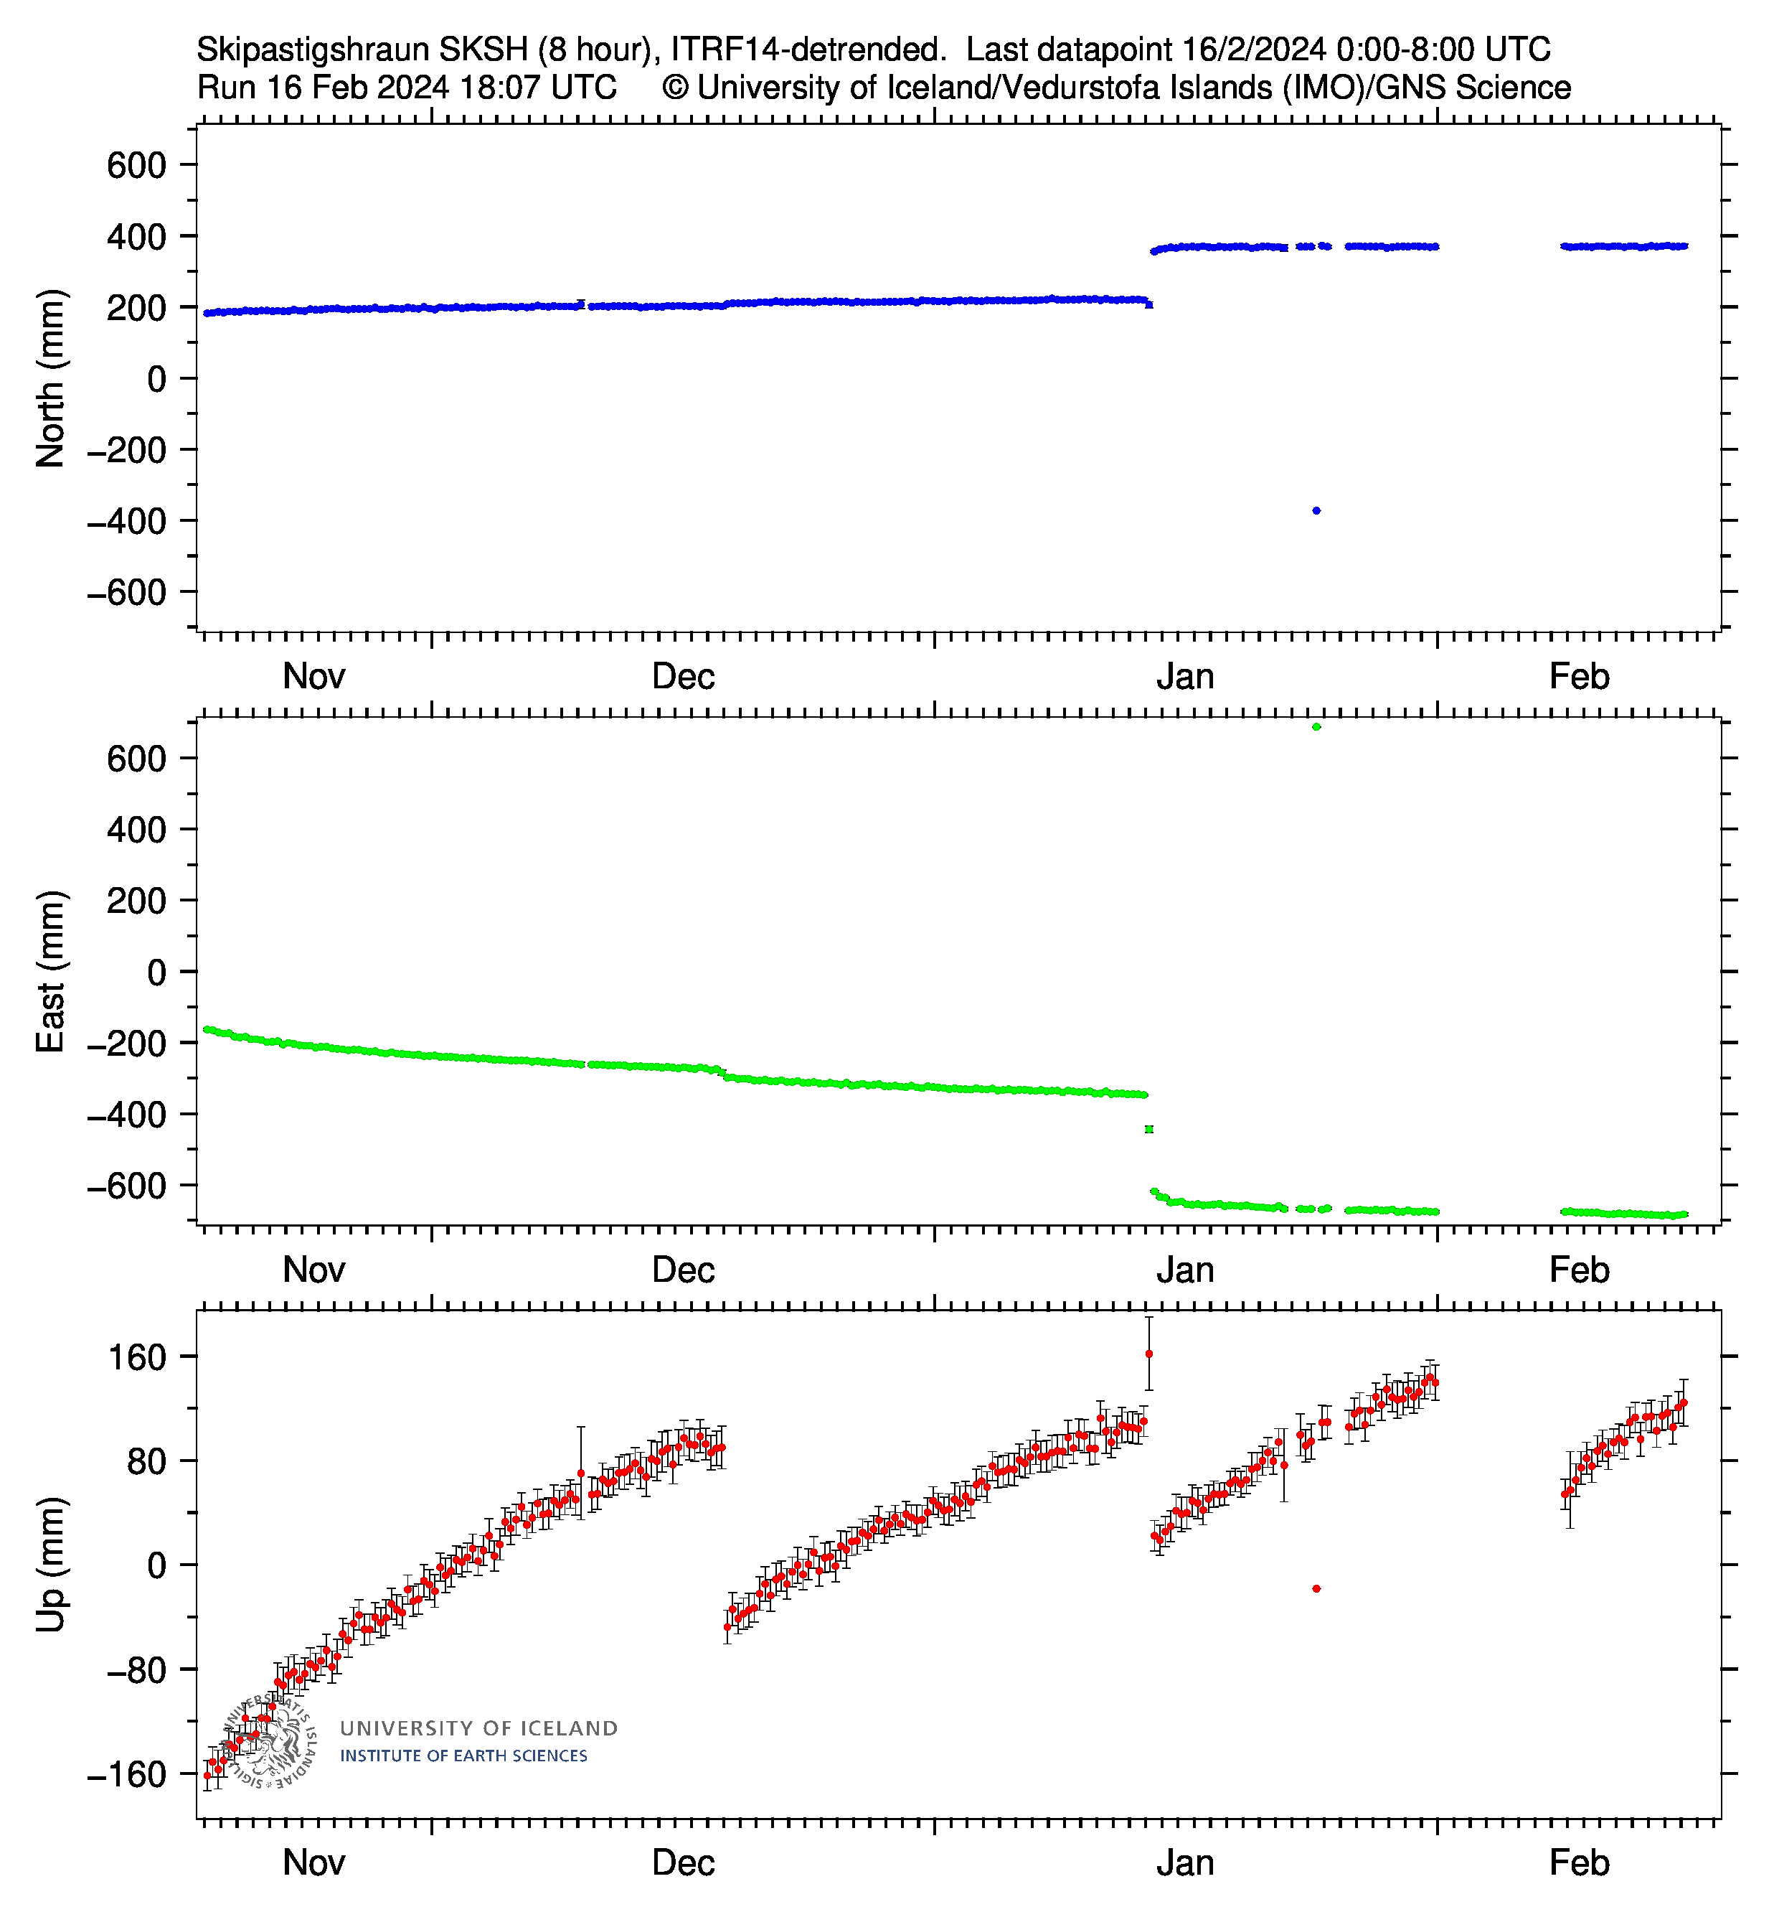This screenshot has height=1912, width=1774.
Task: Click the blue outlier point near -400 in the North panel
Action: [x=1316, y=511]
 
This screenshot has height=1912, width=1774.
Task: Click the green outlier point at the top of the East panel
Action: [x=1316, y=727]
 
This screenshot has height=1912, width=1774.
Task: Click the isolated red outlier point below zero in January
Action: [x=1316, y=1588]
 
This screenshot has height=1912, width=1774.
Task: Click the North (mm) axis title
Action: [x=50, y=378]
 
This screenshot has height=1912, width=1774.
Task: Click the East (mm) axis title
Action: [x=50, y=971]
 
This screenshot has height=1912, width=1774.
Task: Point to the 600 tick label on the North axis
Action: [x=136, y=165]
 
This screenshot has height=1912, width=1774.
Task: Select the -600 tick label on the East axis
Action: [x=126, y=1186]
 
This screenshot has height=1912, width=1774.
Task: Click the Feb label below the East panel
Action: [x=1578, y=1270]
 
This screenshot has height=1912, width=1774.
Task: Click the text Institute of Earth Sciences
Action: [x=463, y=1756]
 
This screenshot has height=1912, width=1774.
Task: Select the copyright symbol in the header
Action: [x=675, y=88]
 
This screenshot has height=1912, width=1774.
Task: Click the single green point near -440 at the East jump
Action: [x=1149, y=1130]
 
